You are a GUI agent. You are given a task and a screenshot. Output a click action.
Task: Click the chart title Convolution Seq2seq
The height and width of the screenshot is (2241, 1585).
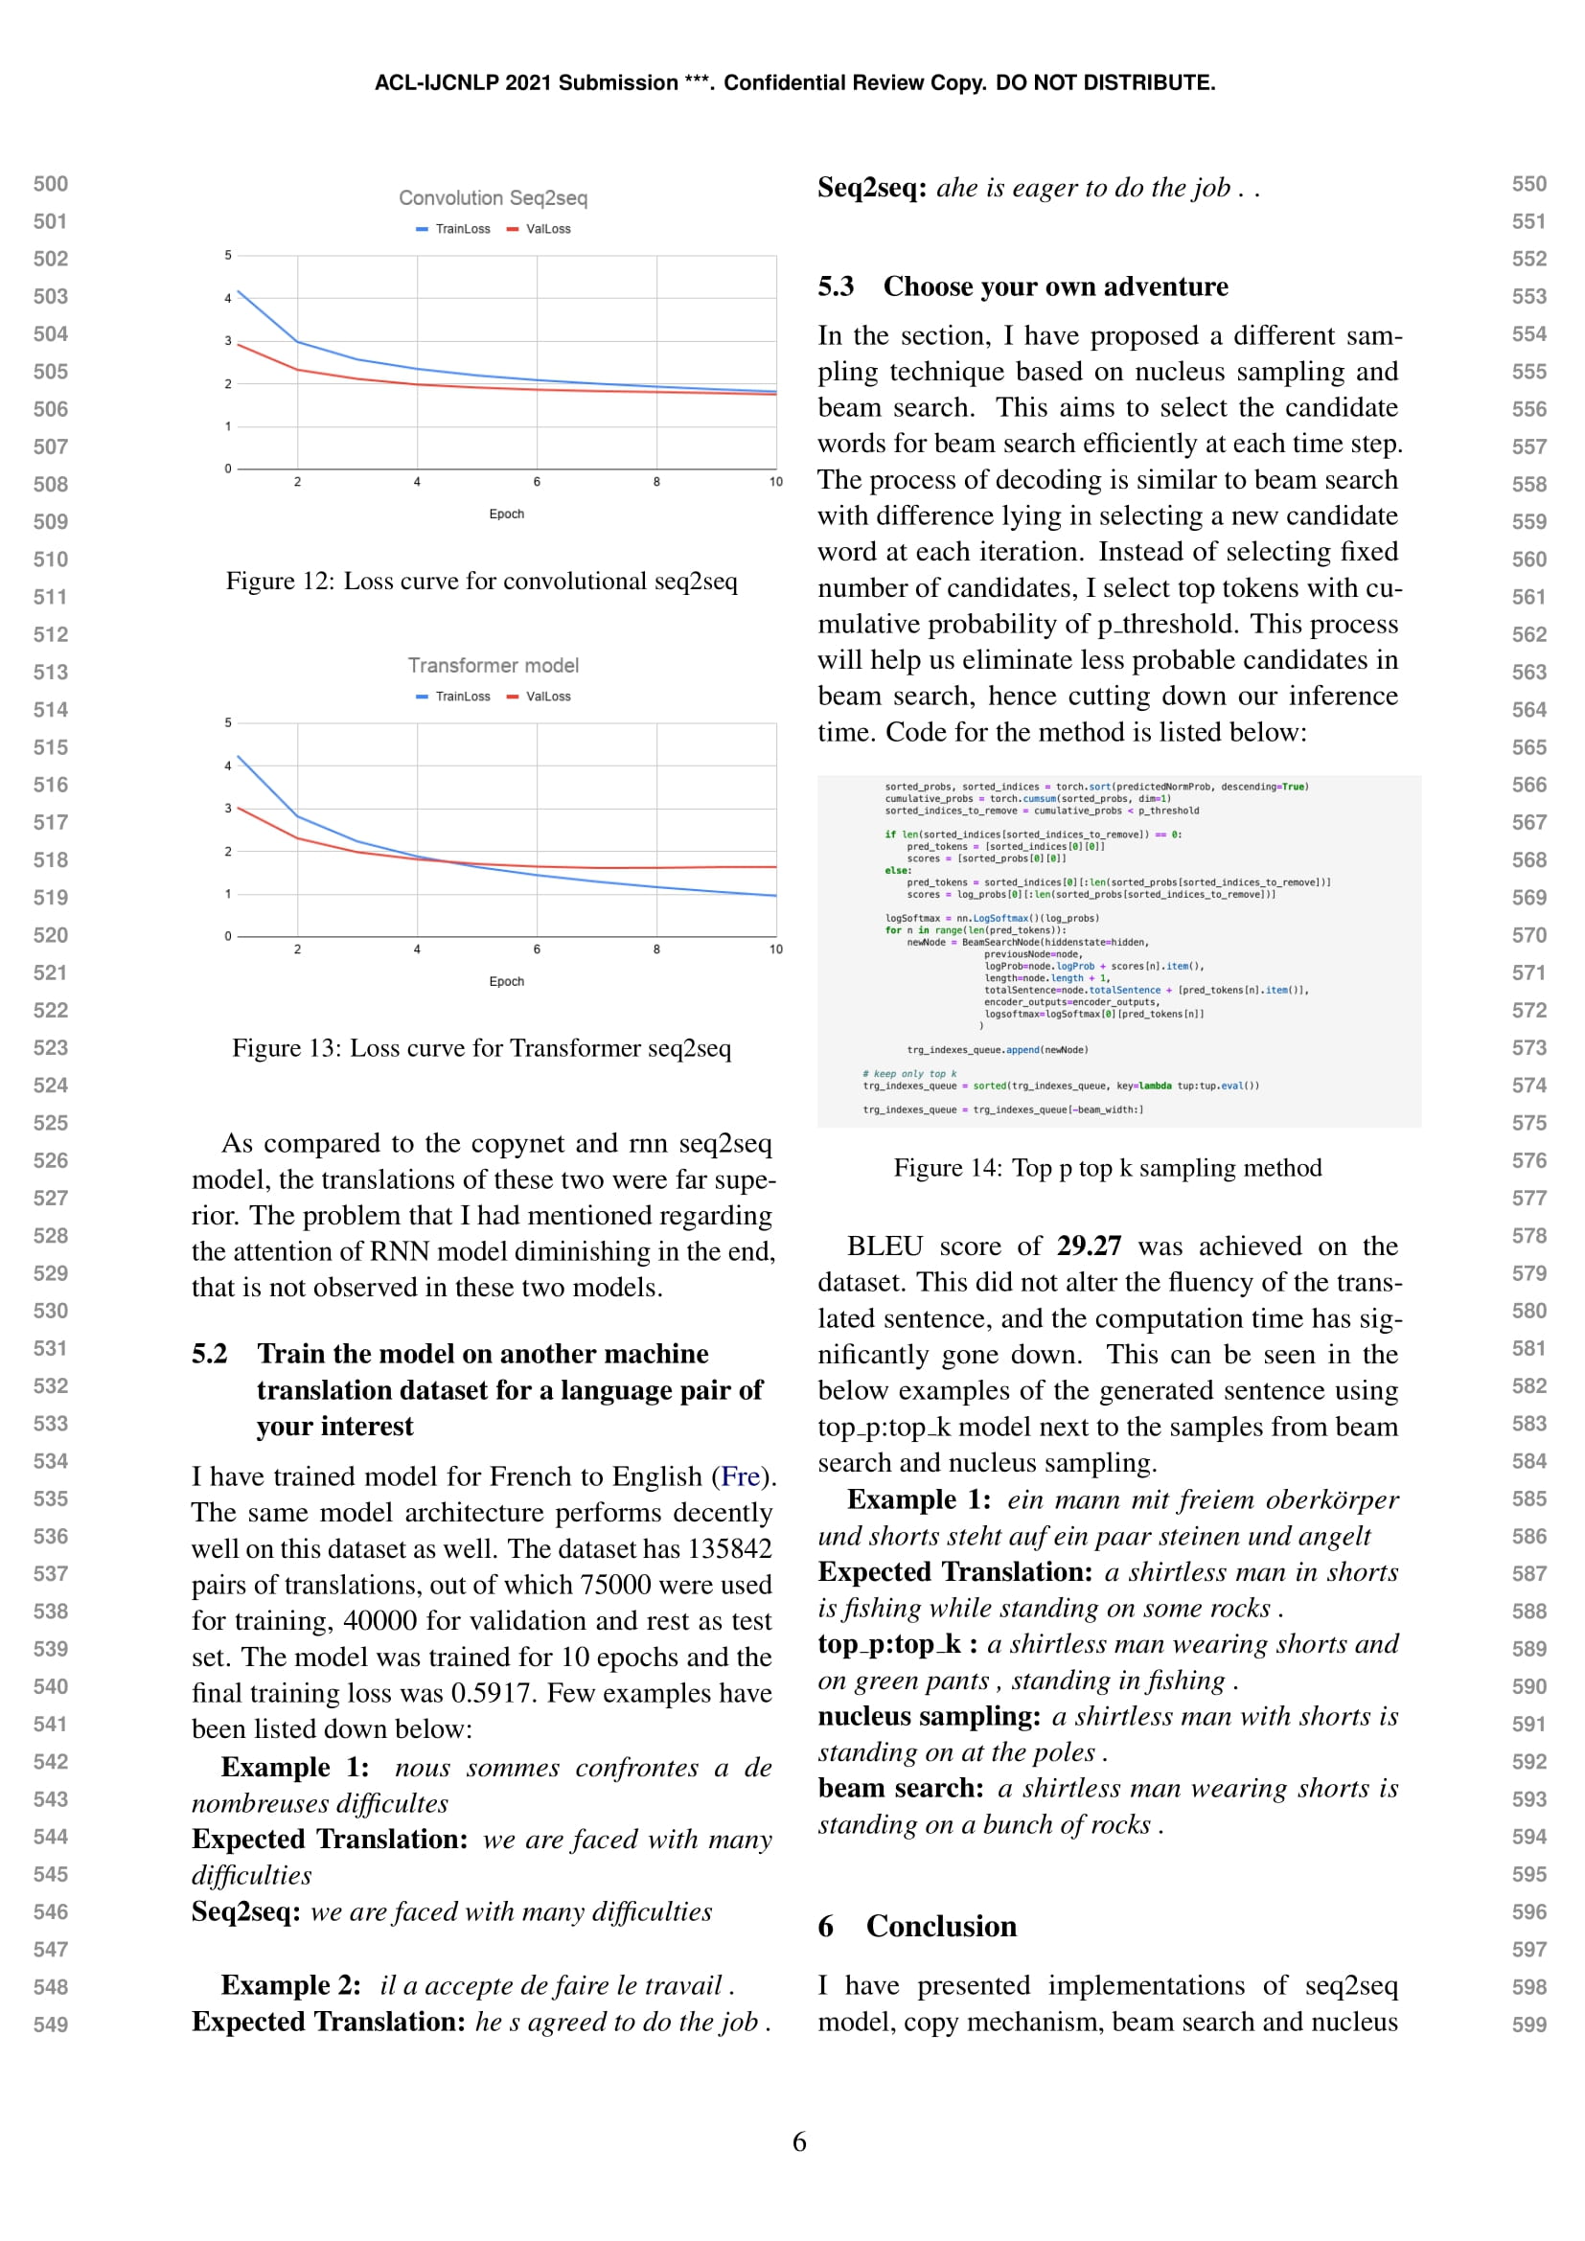(493, 198)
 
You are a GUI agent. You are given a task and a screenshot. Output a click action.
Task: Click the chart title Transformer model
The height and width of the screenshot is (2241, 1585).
(493, 666)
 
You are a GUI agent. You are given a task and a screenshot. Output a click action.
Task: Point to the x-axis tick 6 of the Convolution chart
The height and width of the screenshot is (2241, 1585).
(537, 482)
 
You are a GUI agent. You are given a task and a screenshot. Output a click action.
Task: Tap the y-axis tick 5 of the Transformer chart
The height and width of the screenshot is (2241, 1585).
(228, 723)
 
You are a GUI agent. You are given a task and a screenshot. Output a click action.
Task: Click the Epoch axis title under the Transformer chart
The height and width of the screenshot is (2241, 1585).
(507, 982)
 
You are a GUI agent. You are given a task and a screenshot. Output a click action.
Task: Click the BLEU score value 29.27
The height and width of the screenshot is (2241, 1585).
(1089, 1246)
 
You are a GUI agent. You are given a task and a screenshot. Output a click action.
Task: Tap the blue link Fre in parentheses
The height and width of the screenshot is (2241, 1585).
(741, 1476)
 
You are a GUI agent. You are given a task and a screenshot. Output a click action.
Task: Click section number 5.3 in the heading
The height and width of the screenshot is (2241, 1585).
(836, 287)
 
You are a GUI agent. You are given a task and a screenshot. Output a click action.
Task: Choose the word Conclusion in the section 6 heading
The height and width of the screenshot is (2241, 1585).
(941, 1927)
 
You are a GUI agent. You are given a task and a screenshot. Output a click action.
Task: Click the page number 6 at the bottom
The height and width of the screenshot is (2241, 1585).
(799, 2142)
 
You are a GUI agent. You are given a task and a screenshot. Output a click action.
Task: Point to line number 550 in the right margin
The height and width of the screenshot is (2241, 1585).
(1528, 185)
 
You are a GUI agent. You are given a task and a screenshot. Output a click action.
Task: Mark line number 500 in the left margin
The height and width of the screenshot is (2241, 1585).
(51, 185)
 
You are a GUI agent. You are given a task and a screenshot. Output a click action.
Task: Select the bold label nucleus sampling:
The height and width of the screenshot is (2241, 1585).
(930, 1717)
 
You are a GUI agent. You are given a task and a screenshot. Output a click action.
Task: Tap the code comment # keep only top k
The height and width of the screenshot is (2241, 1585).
(908, 1074)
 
